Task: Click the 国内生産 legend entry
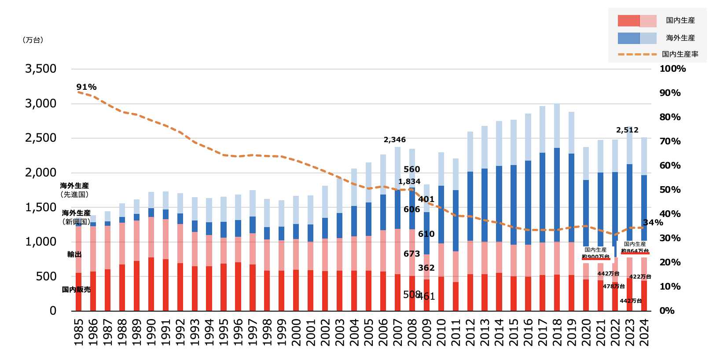(680, 20)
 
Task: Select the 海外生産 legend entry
(680, 38)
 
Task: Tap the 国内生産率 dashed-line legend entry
(680, 54)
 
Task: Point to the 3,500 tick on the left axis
(41, 69)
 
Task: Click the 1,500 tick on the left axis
(41, 207)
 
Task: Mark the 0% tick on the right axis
(667, 311)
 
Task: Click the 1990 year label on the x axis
(151, 332)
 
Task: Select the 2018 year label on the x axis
(557, 332)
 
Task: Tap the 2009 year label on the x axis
(426, 332)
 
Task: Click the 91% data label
(86, 87)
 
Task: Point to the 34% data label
(653, 223)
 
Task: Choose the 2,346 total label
(395, 140)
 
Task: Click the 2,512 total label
(627, 130)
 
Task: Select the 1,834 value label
(409, 182)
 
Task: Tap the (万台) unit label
(33, 40)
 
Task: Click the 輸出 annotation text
(74, 254)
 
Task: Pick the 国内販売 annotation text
(76, 290)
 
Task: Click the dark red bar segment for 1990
(151, 284)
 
